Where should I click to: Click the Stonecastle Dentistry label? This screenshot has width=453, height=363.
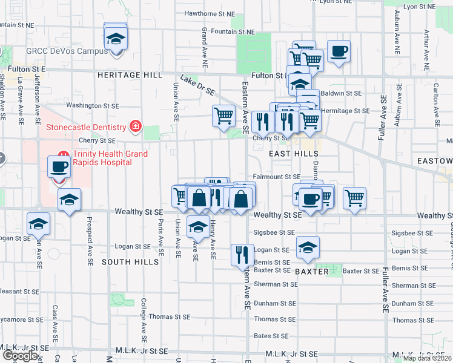[87, 127]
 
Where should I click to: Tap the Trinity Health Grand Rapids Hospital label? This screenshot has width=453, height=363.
[110, 158]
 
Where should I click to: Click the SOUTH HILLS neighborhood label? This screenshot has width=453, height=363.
[130, 262]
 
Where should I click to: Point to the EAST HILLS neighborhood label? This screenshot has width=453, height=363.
[290, 154]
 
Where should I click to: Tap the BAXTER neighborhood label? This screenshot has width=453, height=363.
[312, 272]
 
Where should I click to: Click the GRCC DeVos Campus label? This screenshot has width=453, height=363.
[67, 51]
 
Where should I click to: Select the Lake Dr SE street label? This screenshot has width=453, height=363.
[197, 85]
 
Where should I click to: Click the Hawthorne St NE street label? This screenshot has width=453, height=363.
[209, 13]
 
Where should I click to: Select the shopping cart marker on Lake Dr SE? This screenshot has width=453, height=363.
[223, 115]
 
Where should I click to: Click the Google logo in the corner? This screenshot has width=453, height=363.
[20, 356]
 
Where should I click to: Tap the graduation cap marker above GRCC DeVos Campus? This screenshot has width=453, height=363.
[115, 39]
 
